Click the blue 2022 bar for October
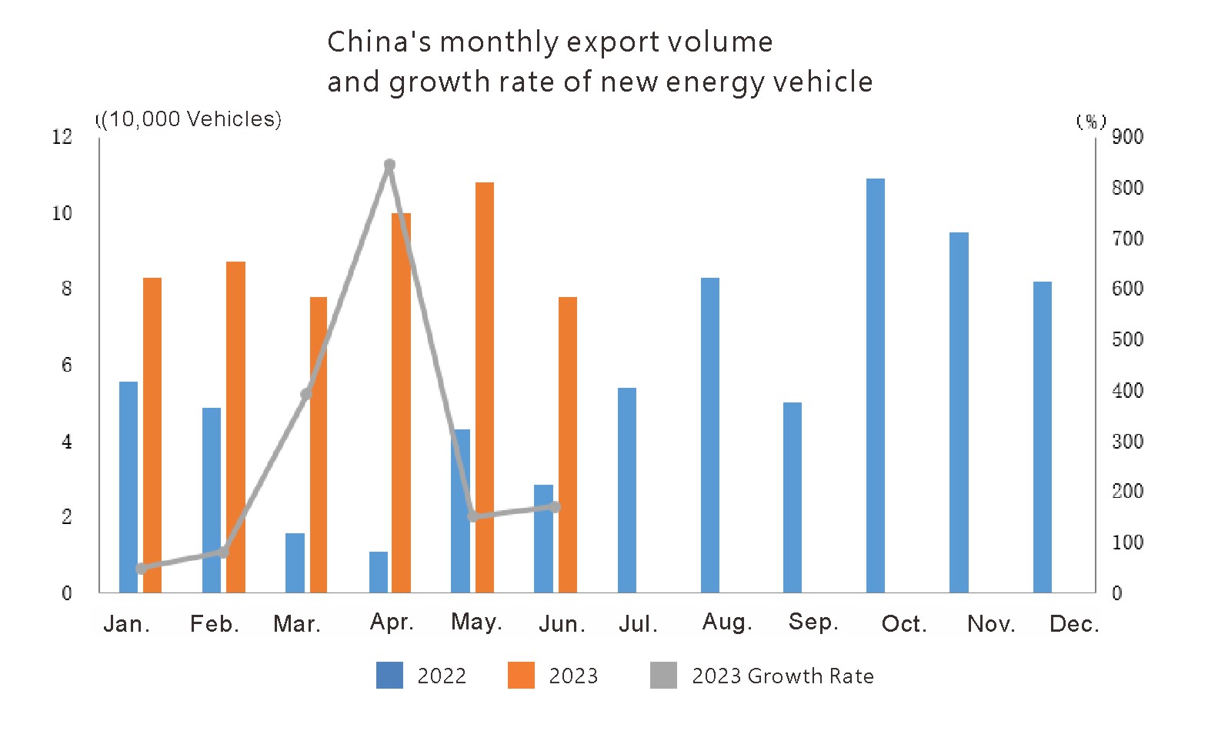(x=875, y=385)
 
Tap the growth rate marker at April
(x=389, y=165)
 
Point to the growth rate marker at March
(x=306, y=394)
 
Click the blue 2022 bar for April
(x=379, y=572)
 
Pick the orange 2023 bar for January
(x=152, y=435)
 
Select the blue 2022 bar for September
(x=793, y=497)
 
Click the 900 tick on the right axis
(x=1127, y=137)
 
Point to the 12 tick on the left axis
(x=62, y=137)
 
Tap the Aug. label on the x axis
(x=727, y=622)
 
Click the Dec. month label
(x=1074, y=623)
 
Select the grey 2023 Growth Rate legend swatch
(x=663, y=675)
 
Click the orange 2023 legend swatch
(x=521, y=675)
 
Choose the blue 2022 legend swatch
(x=389, y=675)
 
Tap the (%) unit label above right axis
(x=1091, y=122)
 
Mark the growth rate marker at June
(x=555, y=506)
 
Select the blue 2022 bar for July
(x=627, y=490)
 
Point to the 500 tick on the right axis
(x=1127, y=339)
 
